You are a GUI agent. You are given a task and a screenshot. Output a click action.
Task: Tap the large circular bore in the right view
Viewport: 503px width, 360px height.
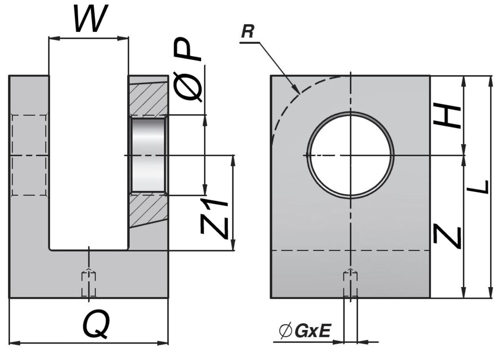(351, 155)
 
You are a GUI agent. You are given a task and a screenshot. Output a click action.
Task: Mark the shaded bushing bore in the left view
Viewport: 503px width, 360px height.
(148, 155)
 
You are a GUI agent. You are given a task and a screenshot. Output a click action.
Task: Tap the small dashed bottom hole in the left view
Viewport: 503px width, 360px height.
(88, 283)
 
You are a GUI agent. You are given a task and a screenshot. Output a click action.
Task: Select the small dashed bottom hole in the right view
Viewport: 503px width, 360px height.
(350, 283)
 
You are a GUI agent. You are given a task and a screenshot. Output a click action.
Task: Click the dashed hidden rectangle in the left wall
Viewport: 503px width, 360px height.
(29, 155)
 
